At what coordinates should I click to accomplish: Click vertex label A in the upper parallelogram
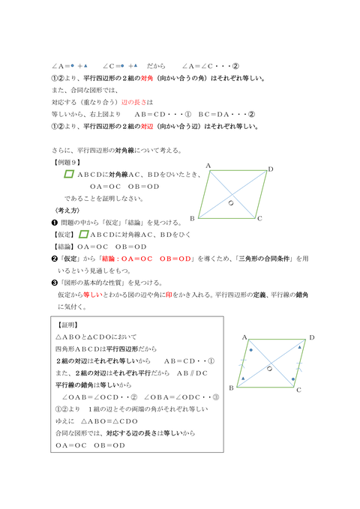coord(208,166)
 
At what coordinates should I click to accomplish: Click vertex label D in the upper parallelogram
coord(271,169)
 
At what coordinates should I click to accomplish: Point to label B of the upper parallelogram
coord(193,218)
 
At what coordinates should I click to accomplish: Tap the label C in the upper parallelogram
coord(259,219)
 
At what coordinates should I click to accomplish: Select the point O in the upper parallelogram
coord(232,202)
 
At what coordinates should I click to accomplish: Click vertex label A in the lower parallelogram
coord(244,338)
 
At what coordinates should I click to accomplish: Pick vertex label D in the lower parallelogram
coord(311,339)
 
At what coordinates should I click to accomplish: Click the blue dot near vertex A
coord(251,350)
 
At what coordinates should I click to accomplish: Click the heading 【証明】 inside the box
coord(70,327)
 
